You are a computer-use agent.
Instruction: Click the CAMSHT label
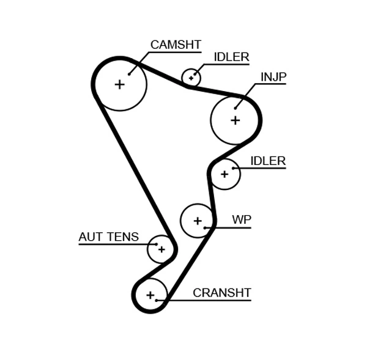(x=176, y=45)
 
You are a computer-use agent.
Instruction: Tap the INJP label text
(x=273, y=77)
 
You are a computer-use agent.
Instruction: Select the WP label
(x=241, y=220)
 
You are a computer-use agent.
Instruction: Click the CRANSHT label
(x=221, y=293)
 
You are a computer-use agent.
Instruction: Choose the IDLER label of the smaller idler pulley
(x=231, y=57)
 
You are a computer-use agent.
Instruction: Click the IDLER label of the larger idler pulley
(x=268, y=161)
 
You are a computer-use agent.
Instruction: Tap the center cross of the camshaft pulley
(x=119, y=84)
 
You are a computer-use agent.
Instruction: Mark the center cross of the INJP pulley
(x=235, y=120)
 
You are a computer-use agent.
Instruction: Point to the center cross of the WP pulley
(x=197, y=220)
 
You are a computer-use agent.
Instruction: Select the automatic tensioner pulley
(x=161, y=249)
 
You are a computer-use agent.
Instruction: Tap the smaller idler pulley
(x=191, y=78)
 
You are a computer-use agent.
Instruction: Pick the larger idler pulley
(x=224, y=174)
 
